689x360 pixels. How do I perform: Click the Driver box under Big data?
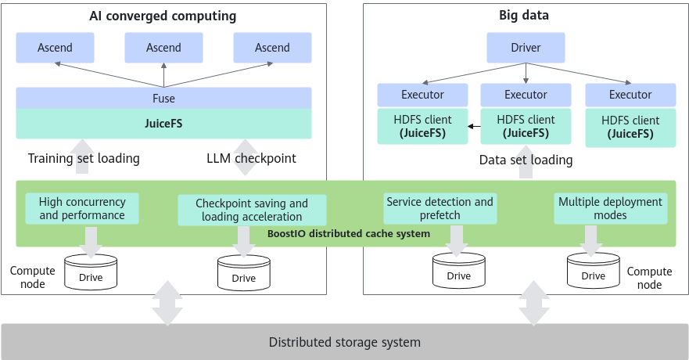coord(526,48)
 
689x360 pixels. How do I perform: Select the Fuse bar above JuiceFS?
coord(164,98)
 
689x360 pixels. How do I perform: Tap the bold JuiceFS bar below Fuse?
coord(164,124)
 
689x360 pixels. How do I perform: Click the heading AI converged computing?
coord(163,16)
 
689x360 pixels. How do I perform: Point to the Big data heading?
coord(524,16)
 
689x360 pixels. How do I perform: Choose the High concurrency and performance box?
coord(82,208)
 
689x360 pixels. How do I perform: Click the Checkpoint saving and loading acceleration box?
coord(252,210)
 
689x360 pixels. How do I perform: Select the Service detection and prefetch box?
coord(440,208)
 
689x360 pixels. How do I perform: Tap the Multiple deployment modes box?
coord(610,208)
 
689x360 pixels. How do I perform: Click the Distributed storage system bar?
coord(344,342)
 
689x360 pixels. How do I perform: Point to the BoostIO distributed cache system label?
coord(349,233)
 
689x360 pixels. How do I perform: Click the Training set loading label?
coord(84,158)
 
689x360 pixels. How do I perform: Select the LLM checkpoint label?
coord(251,158)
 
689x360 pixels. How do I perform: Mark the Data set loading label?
coord(526,160)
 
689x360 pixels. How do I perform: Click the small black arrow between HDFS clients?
coord(474,127)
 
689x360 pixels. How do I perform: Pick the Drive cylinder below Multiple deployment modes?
coord(594,270)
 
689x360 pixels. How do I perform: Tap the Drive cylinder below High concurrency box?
coord(91,272)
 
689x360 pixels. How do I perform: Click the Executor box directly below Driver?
coord(526,95)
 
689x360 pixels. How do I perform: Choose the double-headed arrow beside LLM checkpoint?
coord(245,157)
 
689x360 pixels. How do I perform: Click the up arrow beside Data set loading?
coord(526,162)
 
